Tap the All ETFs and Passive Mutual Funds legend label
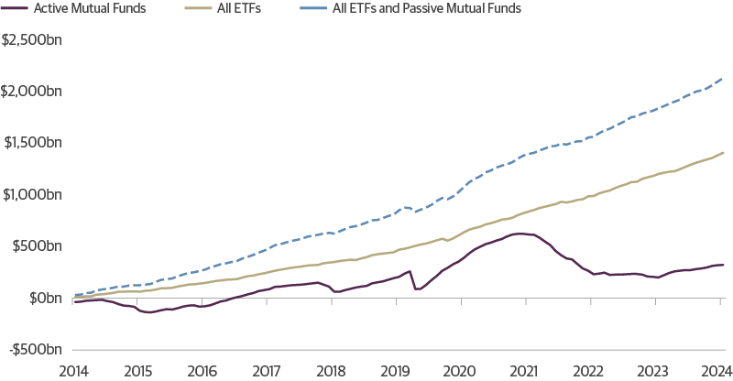tap(426, 10)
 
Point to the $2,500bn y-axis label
tap(33, 40)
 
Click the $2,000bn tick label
tap(33, 92)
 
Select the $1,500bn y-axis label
tap(33, 143)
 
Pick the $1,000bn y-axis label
tap(33, 195)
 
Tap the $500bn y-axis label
tap(38, 246)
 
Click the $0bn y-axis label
tap(44, 299)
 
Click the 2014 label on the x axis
tap(73, 371)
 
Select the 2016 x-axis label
tap(202, 371)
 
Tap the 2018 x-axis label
tap(331, 371)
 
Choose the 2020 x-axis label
tap(459, 371)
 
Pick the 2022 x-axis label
tap(588, 371)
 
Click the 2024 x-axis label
tap(717, 371)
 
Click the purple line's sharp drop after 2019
tap(413, 280)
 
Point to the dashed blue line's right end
tap(722, 79)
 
